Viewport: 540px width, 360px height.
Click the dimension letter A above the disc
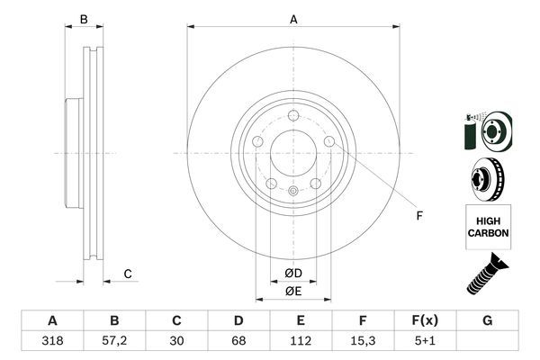tap(293, 18)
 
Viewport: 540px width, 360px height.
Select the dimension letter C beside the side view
tap(128, 274)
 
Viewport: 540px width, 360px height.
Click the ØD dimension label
tap(293, 273)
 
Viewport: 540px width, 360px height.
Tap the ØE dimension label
tap(293, 291)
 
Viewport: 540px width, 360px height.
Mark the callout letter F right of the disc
tap(418, 214)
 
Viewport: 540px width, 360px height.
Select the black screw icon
tap(487, 274)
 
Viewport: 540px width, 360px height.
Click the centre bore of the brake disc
tap(293, 152)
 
